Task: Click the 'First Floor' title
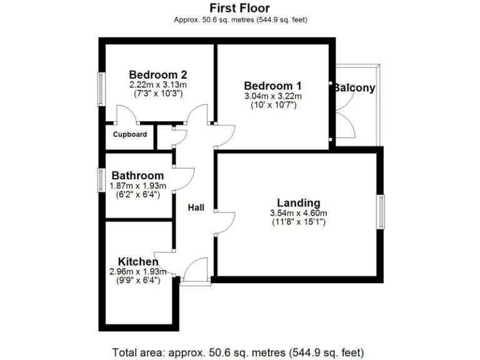pyautogui.click(x=240, y=8)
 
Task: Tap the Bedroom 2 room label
pyautogui.click(x=158, y=74)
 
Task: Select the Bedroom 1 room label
pyautogui.click(x=272, y=86)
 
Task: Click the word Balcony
pyautogui.click(x=354, y=87)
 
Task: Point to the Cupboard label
pyautogui.click(x=130, y=134)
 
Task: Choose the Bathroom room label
pyautogui.click(x=137, y=176)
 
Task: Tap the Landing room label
pyautogui.click(x=299, y=202)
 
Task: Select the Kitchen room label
pyautogui.click(x=138, y=261)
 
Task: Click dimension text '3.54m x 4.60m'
pyautogui.click(x=299, y=212)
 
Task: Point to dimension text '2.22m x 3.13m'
pyautogui.click(x=158, y=84)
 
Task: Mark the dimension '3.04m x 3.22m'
pyautogui.click(x=272, y=96)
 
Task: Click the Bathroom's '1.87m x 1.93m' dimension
pyautogui.click(x=137, y=186)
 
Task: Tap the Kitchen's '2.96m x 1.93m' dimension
pyautogui.click(x=137, y=271)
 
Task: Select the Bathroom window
pyautogui.click(x=100, y=179)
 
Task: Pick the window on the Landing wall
pyautogui.click(x=381, y=212)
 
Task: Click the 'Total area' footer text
pyautogui.click(x=237, y=351)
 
